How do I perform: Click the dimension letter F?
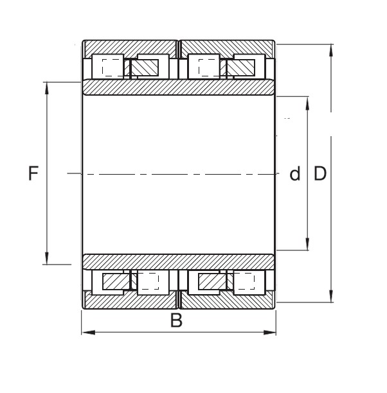33,173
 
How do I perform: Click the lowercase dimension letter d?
294,173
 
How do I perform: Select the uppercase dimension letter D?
320,173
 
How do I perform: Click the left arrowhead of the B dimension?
88,333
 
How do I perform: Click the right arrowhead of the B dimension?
269,333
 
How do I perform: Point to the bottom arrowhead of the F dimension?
47,258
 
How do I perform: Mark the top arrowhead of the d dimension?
307,103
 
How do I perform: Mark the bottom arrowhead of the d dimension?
307,243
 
